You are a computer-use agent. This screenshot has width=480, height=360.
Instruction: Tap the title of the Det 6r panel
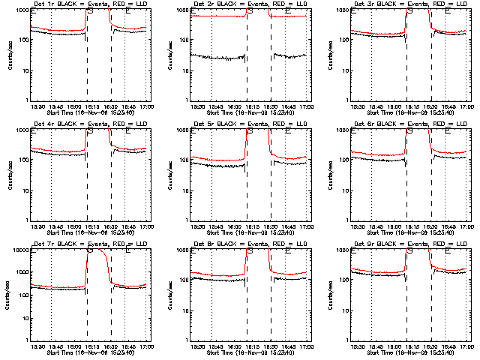[408, 124]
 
